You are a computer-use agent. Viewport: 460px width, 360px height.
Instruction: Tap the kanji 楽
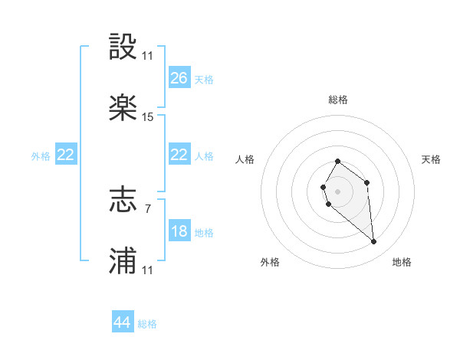coord(123,108)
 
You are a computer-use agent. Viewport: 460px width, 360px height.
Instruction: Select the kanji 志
coord(123,201)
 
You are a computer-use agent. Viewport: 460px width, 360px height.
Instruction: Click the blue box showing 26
coord(179,77)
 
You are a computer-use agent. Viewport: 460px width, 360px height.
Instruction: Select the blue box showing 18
coord(179,231)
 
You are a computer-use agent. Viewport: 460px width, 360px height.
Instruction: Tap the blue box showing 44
coord(123,322)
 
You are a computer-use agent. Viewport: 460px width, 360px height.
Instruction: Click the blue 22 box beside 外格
coord(66,155)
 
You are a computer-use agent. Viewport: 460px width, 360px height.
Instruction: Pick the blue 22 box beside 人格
coord(179,155)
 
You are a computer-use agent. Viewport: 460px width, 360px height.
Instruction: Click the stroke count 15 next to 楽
coord(148,117)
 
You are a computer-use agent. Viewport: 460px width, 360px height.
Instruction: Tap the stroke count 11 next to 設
coord(148,56)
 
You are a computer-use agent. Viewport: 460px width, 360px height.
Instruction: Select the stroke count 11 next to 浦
coord(148,270)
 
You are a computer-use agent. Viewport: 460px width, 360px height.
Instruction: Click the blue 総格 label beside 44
coord(147,324)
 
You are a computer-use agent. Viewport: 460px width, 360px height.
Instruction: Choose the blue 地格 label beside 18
coord(204,232)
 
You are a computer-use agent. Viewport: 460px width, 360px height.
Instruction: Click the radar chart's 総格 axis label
coord(338,100)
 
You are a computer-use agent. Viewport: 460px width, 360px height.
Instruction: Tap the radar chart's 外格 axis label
coord(270,262)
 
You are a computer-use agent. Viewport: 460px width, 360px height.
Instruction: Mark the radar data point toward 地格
coord(374,242)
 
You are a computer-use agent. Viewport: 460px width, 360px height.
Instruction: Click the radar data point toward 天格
coord(367,182)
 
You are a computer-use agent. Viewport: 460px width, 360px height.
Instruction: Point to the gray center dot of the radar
coord(337,190)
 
